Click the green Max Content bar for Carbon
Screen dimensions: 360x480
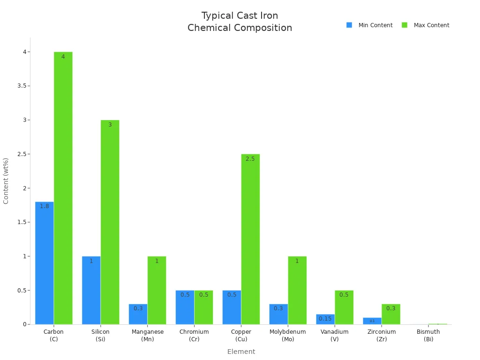pyautogui.click(x=63, y=187)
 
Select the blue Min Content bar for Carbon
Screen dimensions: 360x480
pyautogui.click(x=45, y=262)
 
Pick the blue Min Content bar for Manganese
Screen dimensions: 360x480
pyautogui.click(x=138, y=314)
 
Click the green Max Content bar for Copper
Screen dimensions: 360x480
pyautogui.click(x=250, y=239)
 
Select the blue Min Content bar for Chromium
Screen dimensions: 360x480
pyautogui.click(x=185, y=307)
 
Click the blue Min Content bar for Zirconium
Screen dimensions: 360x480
pyautogui.click(x=372, y=321)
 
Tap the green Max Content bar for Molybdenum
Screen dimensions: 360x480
pyautogui.click(x=297, y=290)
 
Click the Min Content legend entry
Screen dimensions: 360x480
pyautogui.click(x=370, y=25)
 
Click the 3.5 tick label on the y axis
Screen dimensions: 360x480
pyautogui.click(x=22, y=86)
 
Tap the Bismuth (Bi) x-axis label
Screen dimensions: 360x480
pyautogui.click(x=428, y=335)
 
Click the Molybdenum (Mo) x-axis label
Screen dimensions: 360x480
pyautogui.click(x=288, y=335)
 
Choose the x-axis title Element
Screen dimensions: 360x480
pyautogui.click(x=241, y=352)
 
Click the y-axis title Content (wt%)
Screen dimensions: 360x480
pyautogui.click(x=6, y=181)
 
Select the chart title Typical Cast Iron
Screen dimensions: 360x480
pyautogui.click(x=240, y=16)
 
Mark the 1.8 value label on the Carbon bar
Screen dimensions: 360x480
pyautogui.click(x=45, y=206)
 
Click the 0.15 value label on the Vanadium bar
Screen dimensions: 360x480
pyautogui.click(x=325, y=319)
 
